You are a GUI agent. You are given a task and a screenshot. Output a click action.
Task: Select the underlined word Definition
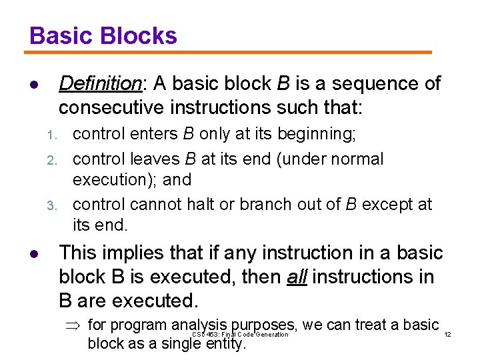pyautogui.click(x=100, y=84)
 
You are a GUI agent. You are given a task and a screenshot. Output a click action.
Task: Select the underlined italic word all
pyautogui.click(x=297, y=277)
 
